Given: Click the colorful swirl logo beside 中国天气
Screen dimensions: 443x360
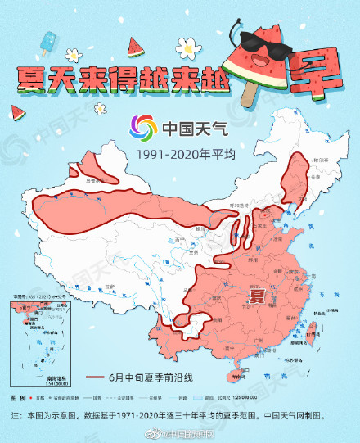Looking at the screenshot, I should coord(142,129).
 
